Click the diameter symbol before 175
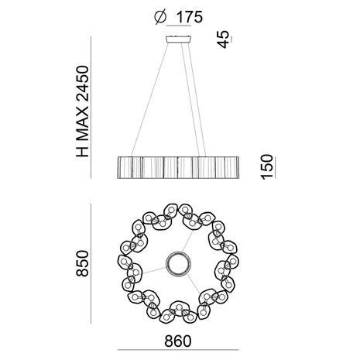160,18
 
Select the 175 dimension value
189,18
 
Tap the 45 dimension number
223,39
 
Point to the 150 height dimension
267,166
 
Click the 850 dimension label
83,263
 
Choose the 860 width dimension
178,341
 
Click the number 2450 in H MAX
83,84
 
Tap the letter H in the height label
83,152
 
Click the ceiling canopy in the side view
179,39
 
